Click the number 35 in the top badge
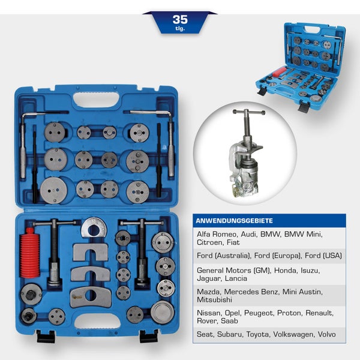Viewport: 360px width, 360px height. pyautogui.click(x=180, y=19)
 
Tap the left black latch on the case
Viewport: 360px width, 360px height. pyautogui.click(x=46, y=337)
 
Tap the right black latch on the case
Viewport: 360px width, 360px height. pyautogui.click(x=148, y=336)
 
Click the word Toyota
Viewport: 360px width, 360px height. pyautogui.click(x=255, y=334)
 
